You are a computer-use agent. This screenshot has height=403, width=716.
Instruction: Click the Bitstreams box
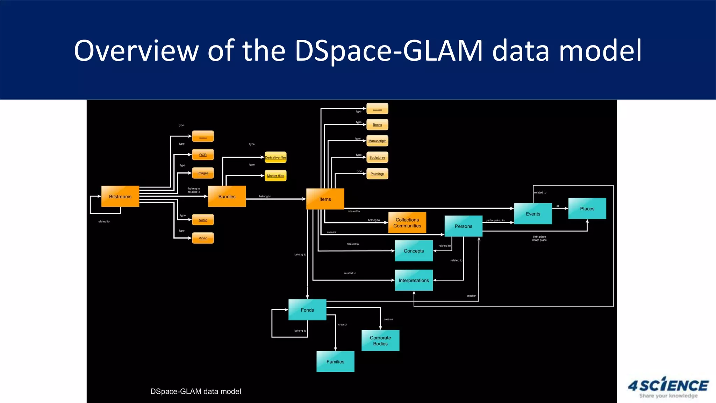coord(120,196)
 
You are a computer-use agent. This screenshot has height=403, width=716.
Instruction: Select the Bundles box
coord(227,196)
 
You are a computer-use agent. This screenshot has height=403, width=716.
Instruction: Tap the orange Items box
coord(325,199)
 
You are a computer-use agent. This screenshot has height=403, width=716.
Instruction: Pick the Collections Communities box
coord(407,222)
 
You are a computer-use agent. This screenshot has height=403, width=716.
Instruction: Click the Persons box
coord(463,226)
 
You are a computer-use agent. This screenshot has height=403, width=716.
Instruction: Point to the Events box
coord(533,214)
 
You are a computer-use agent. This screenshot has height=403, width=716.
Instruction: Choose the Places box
coord(587,208)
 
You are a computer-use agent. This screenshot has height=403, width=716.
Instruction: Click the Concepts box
coord(414,251)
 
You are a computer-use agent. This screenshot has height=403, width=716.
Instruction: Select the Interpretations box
coord(414,280)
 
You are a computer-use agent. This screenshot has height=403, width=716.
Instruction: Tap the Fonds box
coord(307,310)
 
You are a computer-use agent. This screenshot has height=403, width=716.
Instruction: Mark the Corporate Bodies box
coord(380,340)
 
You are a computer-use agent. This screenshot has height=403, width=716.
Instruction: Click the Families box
coord(335,361)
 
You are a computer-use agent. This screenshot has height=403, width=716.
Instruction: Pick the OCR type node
coord(203,155)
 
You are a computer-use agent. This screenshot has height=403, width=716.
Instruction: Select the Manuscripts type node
coord(377,141)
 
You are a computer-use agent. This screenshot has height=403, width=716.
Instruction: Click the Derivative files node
coord(275,157)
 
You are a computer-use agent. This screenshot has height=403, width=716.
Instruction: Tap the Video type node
coord(203,238)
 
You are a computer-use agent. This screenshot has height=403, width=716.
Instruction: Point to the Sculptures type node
coord(377,157)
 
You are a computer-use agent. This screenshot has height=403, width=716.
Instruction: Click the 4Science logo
coord(668,387)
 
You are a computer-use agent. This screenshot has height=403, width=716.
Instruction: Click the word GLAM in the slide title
coord(442,51)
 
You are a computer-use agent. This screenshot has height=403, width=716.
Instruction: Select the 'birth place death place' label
coord(539,238)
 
